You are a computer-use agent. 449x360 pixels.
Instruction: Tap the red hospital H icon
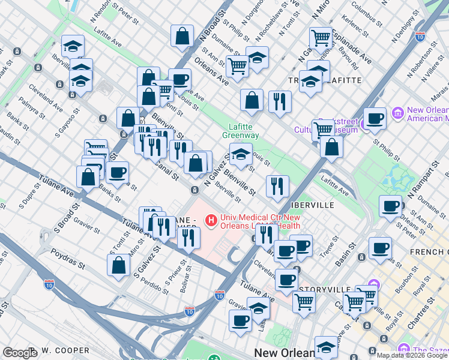point(211,221)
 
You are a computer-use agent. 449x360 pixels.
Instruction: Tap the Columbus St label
point(367,16)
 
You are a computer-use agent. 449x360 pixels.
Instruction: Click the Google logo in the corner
point(20,353)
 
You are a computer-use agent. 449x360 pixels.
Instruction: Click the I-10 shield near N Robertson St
point(420,36)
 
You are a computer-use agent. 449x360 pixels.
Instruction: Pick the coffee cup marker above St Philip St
point(375,119)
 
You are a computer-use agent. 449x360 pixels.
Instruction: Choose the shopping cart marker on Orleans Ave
point(238,66)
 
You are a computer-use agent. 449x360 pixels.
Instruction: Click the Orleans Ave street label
point(211,70)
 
